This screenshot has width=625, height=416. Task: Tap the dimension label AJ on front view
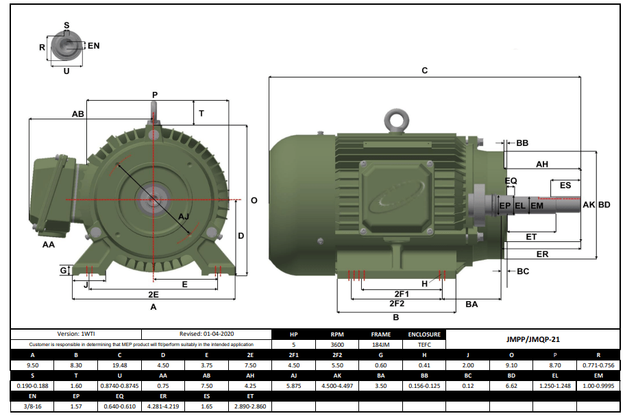click(184, 217)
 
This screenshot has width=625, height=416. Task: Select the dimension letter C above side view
click(424, 71)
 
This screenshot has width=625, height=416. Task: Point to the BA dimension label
click(471, 304)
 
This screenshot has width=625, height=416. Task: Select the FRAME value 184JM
click(381, 345)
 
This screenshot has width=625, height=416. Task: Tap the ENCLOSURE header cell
click(424, 335)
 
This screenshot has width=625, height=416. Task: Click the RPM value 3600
click(336, 345)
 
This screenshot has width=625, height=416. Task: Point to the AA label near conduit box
click(49, 245)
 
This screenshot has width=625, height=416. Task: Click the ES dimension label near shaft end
click(565, 186)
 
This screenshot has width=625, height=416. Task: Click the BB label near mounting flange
click(522, 143)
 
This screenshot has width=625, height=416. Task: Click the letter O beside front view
click(254, 200)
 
